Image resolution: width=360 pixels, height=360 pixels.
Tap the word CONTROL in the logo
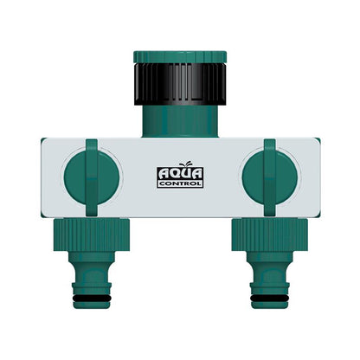179,183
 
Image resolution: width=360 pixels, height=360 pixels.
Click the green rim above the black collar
179,58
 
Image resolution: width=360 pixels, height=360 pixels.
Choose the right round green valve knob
268,173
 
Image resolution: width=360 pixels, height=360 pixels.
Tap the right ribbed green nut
269,231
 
